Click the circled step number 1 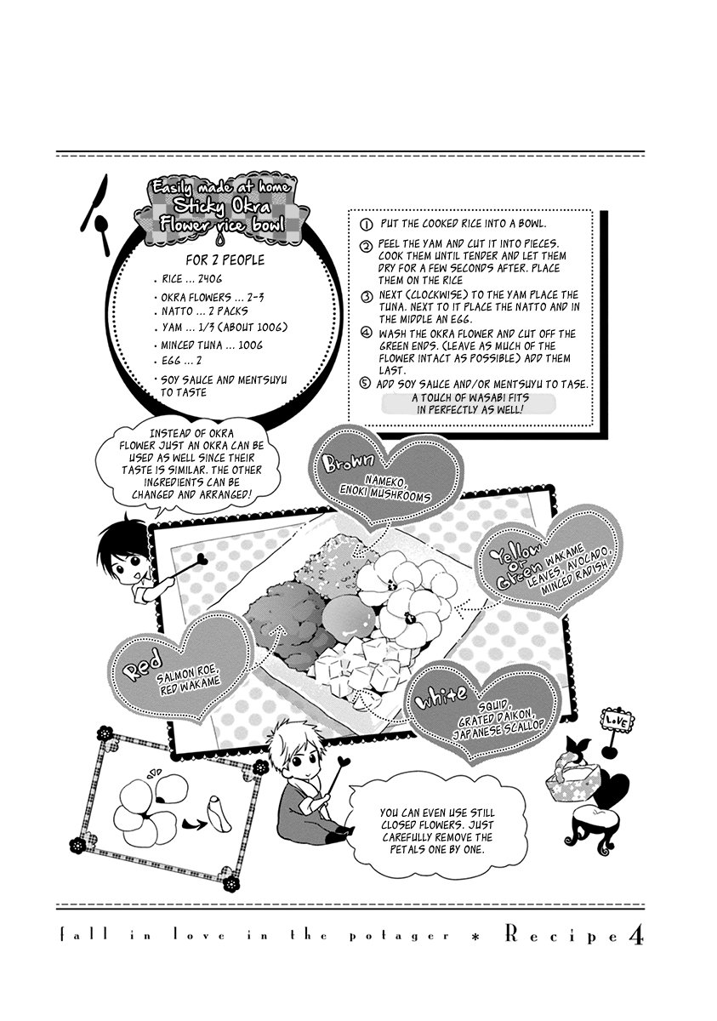[x=366, y=225]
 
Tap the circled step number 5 [x=365, y=383]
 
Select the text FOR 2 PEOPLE [x=225, y=260]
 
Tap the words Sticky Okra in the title [x=223, y=208]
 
